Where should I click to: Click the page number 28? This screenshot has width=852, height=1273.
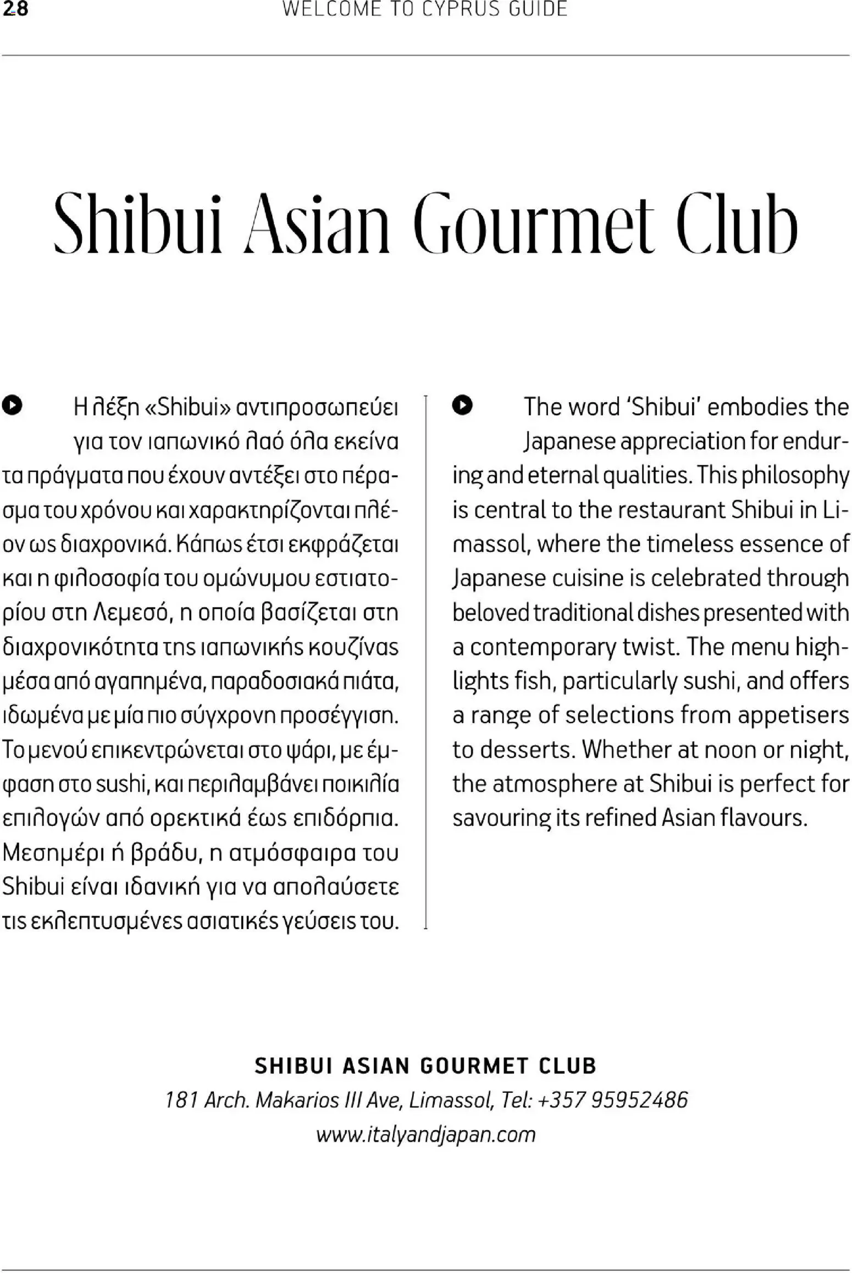click(15, 9)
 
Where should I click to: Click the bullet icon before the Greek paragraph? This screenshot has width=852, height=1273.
click(12, 405)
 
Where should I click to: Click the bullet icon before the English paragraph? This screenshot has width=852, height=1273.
click(462, 405)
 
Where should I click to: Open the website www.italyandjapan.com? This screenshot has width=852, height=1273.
click(425, 1134)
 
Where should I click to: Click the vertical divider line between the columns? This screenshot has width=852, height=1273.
click(426, 659)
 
